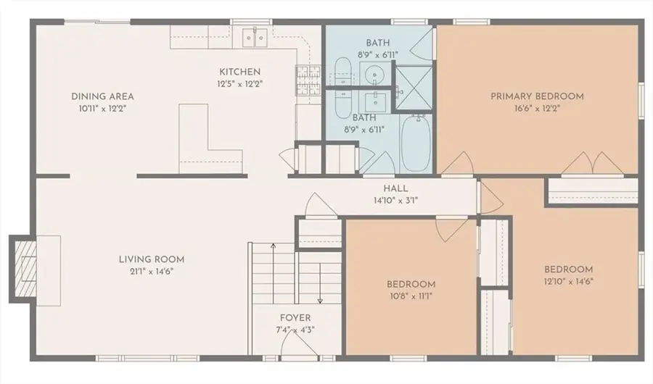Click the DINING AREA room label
(102, 96)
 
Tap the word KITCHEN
(240, 72)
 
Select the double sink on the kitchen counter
(255, 36)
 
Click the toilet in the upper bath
(342, 74)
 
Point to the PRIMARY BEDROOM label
(537, 96)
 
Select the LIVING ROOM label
(152, 259)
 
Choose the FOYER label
(295, 318)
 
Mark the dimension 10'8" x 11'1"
(411, 296)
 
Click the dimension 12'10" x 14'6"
(568, 282)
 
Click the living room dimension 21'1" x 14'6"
(152, 272)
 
